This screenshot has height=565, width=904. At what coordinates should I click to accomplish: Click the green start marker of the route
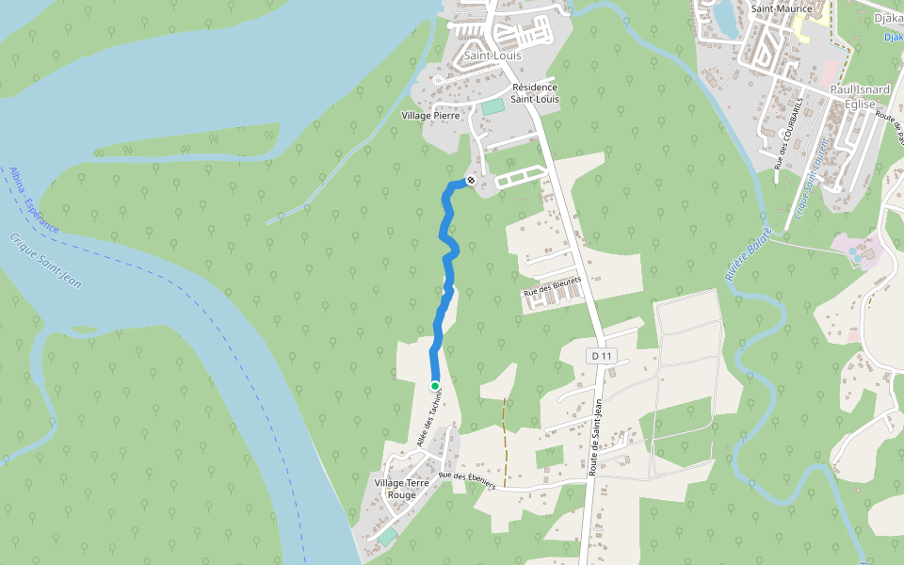tap(435, 385)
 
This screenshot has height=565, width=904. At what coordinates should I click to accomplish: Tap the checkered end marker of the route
tap(471, 180)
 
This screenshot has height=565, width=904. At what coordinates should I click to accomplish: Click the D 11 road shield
tap(601, 356)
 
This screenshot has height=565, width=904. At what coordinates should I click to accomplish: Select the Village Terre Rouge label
tap(402, 489)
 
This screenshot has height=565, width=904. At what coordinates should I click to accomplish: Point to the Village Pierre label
tap(430, 116)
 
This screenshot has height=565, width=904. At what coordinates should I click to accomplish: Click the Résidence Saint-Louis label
tap(535, 92)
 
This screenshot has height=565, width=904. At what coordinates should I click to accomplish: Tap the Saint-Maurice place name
tap(782, 8)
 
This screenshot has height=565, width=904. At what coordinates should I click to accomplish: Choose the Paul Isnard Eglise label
tap(860, 98)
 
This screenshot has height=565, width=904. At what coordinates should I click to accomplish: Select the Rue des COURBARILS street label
tap(788, 132)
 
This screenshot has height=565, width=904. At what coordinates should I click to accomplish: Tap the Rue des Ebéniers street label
tap(466, 480)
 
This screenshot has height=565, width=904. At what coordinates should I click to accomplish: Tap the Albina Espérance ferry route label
tap(33, 201)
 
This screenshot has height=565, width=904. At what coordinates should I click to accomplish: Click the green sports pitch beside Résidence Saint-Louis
tap(492, 106)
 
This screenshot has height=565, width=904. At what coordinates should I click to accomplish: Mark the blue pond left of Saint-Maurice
tap(725, 16)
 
